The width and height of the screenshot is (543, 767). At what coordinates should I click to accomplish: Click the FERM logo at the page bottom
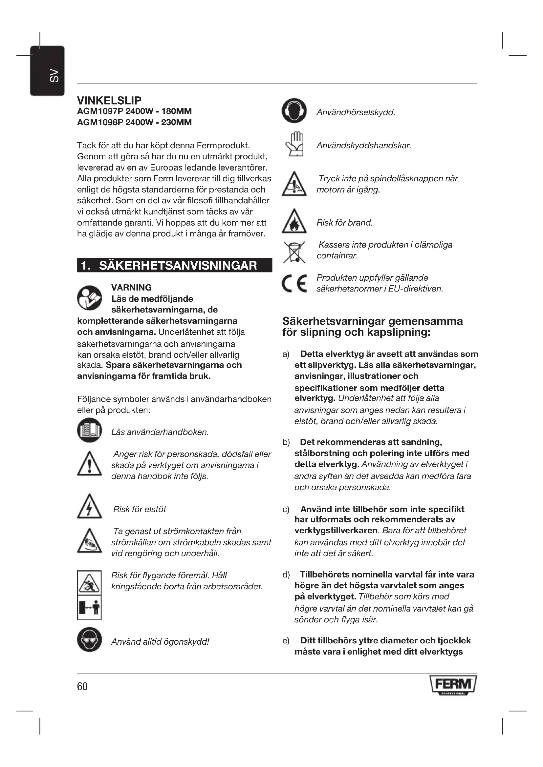pyautogui.click(x=453, y=685)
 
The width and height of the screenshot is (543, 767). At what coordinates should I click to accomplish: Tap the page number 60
pyautogui.click(x=82, y=686)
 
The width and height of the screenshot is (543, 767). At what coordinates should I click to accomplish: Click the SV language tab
pyautogui.click(x=48, y=71)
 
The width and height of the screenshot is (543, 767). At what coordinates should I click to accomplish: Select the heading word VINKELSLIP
pyautogui.click(x=109, y=100)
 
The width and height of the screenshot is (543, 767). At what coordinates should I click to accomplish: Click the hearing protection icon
pyautogui.click(x=294, y=111)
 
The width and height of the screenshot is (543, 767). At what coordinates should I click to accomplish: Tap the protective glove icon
pyautogui.click(x=294, y=144)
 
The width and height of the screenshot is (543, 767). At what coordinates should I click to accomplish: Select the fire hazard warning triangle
pyautogui.click(x=294, y=221)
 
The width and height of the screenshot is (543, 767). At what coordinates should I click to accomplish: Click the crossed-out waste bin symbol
pyautogui.click(x=294, y=252)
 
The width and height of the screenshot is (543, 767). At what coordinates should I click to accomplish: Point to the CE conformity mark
pyautogui.click(x=294, y=283)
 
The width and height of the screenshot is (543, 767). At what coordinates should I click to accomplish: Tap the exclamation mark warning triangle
pyautogui.click(x=89, y=464)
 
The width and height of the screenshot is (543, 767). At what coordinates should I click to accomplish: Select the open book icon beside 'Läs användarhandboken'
pyautogui.click(x=89, y=430)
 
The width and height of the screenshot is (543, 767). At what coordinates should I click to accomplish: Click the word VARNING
pyautogui.click(x=131, y=288)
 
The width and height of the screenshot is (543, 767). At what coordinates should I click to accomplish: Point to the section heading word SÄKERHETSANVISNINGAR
pyautogui.click(x=178, y=266)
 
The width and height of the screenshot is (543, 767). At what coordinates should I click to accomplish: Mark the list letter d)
pyautogui.click(x=286, y=575)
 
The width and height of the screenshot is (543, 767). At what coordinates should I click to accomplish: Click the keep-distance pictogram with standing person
pyautogui.click(x=89, y=608)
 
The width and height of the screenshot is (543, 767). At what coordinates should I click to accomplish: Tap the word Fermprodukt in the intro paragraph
pyautogui.click(x=223, y=145)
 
